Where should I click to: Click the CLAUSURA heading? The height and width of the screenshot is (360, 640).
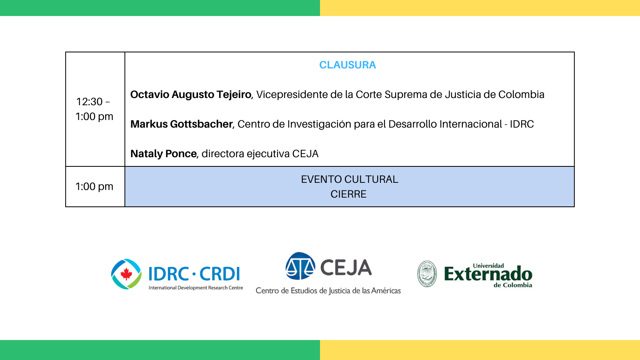coord(348,65)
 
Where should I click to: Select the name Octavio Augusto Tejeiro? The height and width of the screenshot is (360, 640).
coord(190,94)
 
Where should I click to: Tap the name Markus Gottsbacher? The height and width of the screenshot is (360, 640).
coord(182,124)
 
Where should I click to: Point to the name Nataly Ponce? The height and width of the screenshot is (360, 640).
coord(164,154)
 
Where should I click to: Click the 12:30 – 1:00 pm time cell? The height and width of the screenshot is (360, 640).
coord(94,109)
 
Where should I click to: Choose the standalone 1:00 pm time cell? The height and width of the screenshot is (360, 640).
coord(94,186)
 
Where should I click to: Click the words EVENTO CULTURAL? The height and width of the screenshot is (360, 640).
coord(350,180)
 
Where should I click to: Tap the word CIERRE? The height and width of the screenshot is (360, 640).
coord(348,194)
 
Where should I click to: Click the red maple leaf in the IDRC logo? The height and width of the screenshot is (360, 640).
coord(126,274)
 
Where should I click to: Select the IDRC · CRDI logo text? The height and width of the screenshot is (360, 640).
coord(194,274)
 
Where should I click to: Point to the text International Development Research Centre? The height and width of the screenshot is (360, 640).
coord(196,288)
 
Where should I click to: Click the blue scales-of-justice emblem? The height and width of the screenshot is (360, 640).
coord(300,266)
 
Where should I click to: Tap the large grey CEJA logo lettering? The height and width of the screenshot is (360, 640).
coord(346,268)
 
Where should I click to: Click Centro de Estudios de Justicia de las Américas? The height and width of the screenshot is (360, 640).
coord(328,291)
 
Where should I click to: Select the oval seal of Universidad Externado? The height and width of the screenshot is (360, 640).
coord(427,274)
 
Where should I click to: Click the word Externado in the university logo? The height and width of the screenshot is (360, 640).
coord(488,274)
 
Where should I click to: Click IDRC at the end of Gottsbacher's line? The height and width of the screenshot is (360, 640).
coord(522,124)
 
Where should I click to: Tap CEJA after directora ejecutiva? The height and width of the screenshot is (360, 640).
coord(305,154)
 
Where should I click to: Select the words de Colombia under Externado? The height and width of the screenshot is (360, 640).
coord(513,285)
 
